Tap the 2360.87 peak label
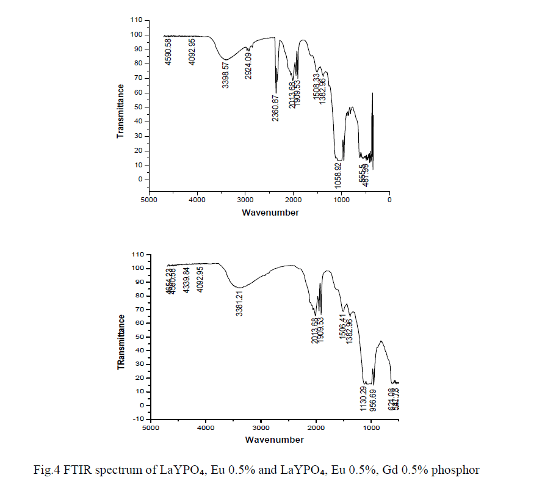tap(276, 107)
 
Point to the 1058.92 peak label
tap(338, 174)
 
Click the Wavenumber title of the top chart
tap(270, 213)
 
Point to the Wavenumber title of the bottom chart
tap(274, 439)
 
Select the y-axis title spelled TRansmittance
tap(122, 342)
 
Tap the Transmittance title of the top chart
tap(120, 111)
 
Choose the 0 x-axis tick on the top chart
tap(389, 199)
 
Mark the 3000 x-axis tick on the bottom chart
tap(261, 428)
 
